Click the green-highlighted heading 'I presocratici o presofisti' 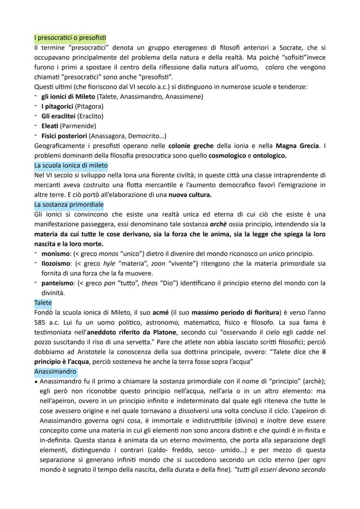coord(70,38)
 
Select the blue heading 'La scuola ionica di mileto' coord(71,166)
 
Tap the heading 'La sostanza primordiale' coord(69,204)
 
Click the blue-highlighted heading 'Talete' coord(43,302)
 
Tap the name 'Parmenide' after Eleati coord(78,126)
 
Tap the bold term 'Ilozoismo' coord(56,263)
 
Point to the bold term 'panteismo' coord(57,283)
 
